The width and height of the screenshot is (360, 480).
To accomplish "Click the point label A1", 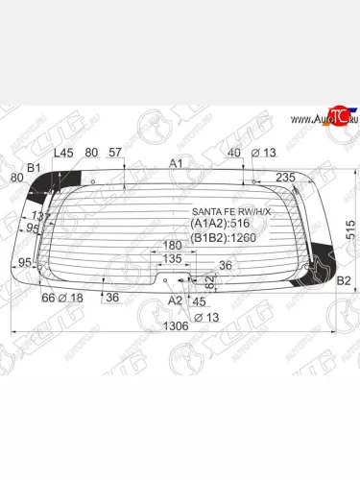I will click(176, 163).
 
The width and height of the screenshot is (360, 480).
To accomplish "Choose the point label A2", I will click(175, 300).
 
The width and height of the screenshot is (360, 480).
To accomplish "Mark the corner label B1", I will click(34, 169).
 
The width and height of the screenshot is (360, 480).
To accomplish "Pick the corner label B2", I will click(344, 280).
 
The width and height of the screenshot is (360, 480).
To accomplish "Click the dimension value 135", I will click(172, 258).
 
